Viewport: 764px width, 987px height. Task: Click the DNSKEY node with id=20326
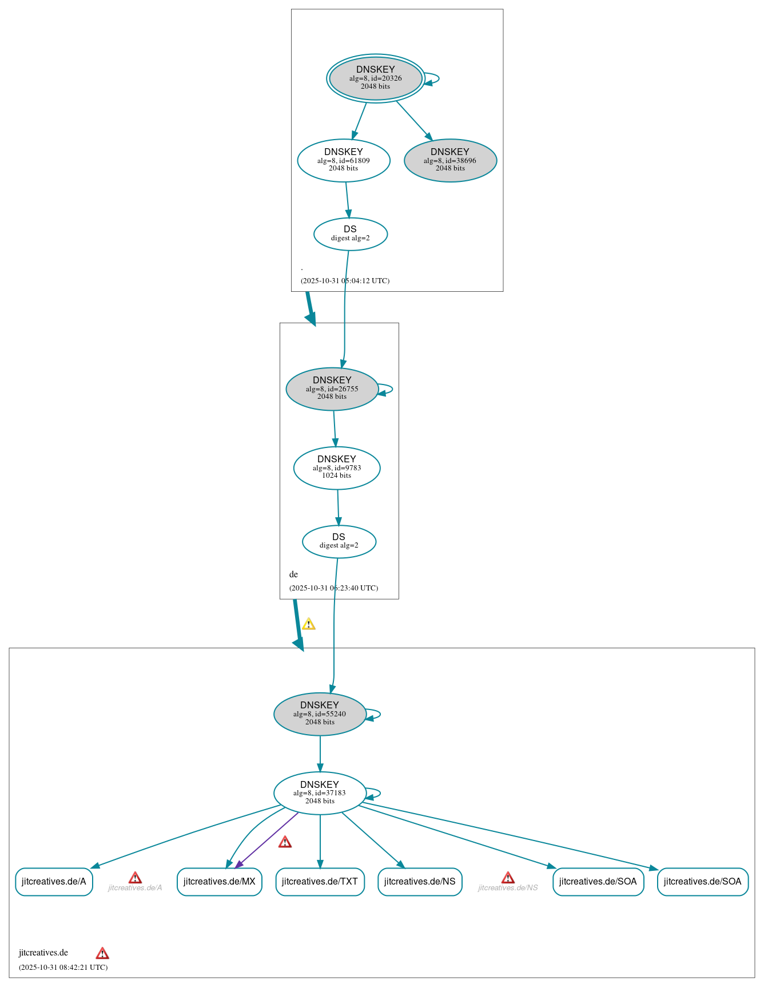tap(376, 78)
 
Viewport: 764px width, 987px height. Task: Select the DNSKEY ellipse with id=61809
tap(344, 161)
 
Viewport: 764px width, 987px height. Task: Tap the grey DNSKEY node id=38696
tap(450, 161)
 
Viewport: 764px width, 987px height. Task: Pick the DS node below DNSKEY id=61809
tap(351, 234)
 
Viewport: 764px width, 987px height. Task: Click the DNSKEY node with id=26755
tap(332, 389)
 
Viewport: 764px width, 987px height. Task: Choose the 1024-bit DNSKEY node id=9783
tap(337, 468)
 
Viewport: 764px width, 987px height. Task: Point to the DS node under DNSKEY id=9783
tap(339, 541)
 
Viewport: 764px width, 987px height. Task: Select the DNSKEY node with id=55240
tap(320, 714)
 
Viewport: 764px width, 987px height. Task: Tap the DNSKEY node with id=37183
tap(320, 793)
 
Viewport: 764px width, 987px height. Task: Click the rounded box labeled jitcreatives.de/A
tap(54, 882)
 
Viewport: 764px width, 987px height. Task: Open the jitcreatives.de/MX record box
tap(219, 882)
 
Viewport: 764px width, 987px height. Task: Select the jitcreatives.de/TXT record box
tap(320, 882)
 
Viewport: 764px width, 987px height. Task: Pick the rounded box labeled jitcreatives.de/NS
tap(420, 882)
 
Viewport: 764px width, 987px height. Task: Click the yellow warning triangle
tap(309, 624)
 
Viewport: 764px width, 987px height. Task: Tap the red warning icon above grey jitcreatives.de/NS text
tap(508, 878)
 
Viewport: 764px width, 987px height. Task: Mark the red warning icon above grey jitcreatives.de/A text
tap(135, 878)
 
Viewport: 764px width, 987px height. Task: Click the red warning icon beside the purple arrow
tap(285, 842)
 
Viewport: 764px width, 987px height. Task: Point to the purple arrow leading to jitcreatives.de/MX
tap(266, 840)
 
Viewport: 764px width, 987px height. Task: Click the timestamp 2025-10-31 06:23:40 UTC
tap(333, 588)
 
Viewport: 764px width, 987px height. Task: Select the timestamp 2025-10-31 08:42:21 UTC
tap(63, 968)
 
